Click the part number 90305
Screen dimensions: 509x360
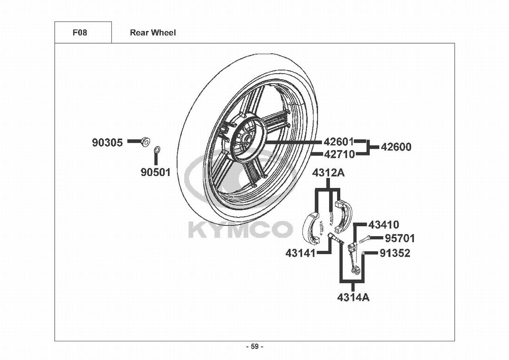pos(107,143)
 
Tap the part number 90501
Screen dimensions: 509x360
pos(156,172)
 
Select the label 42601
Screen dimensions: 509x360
pos(339,142)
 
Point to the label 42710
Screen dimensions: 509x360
pos(340,155)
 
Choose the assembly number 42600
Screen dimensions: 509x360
pos(396,147)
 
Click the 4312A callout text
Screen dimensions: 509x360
pos(328,173)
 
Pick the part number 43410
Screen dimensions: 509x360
pos(383,225)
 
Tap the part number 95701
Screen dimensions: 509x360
pos(400,239)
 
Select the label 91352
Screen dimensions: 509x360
pos(395,253)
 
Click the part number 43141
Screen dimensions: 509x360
pos(300,253)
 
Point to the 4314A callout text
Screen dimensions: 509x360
pos(353,297)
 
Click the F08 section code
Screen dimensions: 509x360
pos(80,33)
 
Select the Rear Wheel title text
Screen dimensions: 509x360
pos(153,33)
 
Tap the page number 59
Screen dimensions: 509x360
pos(255,347)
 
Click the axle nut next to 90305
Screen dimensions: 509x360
pos(145,142)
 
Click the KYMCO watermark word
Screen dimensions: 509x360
pos(240,230)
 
